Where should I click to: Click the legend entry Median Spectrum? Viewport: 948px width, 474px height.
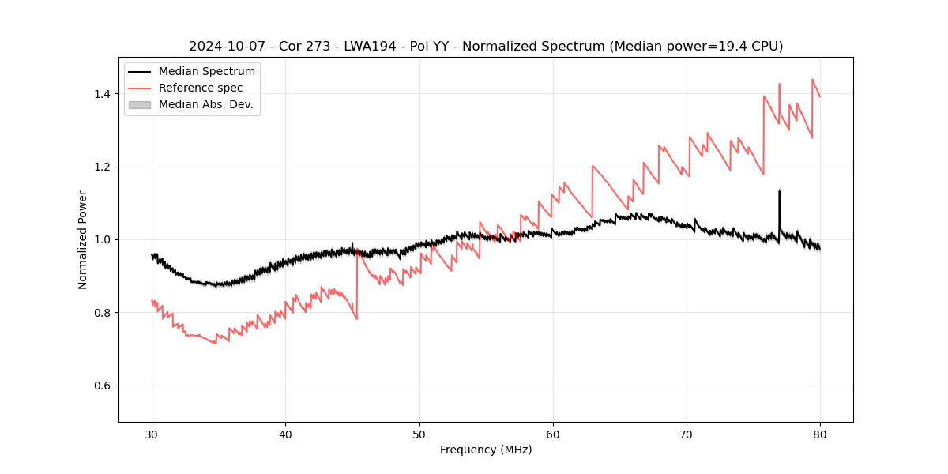pyautogui.click(x=206, y=72)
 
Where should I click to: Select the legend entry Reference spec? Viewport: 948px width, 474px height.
pyautogui.click(x=201, y=88)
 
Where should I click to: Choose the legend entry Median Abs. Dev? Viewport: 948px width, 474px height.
pyautogui.click(x=205, y=104)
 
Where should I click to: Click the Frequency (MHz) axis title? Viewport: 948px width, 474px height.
pyautogui.click(x=486, y=450)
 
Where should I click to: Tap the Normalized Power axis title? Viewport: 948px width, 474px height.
pyautogui.click(x=83, y=239)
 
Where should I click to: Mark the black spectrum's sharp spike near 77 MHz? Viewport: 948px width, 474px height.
pyautogui.click(x=780, y=193)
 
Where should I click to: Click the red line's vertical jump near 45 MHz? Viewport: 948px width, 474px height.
pyautogui.click(x=357, y=284)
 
